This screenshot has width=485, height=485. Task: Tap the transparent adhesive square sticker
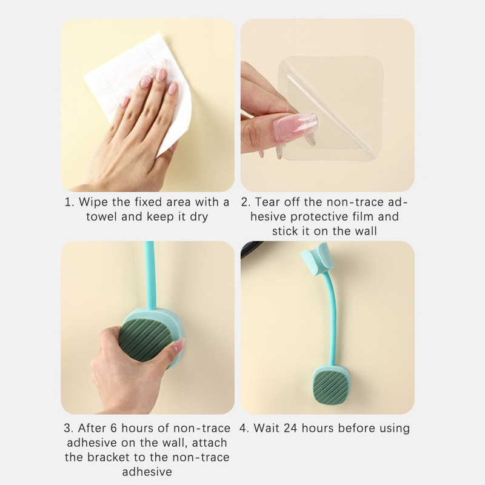[x=331, y=109]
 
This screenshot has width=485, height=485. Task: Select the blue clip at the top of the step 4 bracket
[x=316, y=258]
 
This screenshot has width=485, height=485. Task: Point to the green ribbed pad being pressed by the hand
[x=144, y=339]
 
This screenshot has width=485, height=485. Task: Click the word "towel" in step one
[x=102, y=216]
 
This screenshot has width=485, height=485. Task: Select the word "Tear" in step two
[x=267, y=202]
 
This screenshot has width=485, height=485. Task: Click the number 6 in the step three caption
[x=113, y=428]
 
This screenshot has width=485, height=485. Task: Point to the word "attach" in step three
[x=209, y=443]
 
